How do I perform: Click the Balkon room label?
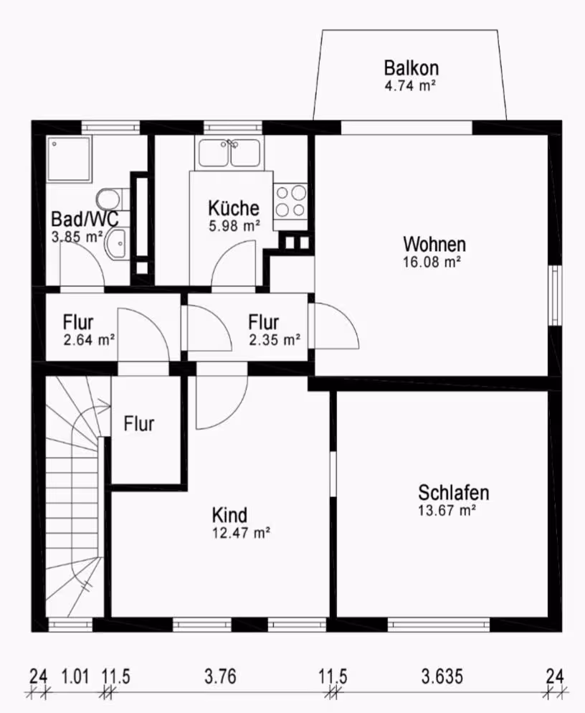pyautogui.click(x=412, y=67)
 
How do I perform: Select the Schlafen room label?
pyautogui.click(x=454, y=493)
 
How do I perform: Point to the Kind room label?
pyautogui.click(x=229, y=515)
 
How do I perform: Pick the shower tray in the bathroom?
pyautogui.click(x=69, y=159)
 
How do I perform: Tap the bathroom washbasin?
pyautogui.click(x=116, y=244)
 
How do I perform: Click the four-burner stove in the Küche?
pyautogui.click(x=290, y=201)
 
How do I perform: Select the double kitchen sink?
pyautogui.click(x=229, y=153)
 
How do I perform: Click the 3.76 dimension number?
pyautogui.click(x=221, y=676)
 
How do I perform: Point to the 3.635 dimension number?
pyautogui.click(x=442, y=676)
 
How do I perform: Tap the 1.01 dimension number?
pyautogui.click(x=75, y=676)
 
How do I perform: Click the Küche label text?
pyautogui.click(x=234, y=208)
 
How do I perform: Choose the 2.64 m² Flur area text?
pyautogui.click(x=89, y=340)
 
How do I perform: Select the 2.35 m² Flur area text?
pyautogui.click(x=275, y=340)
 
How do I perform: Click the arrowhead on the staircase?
pyautogui.click(x=106, y=403)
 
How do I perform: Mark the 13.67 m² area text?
pyautogui.click(x=447, y=510)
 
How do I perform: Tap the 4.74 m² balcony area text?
pyautogui.click(x=411, y=85)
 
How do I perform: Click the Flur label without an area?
pyautogui.click(x=138, y=424)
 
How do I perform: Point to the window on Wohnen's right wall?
pyautogui.click(x=555, y=295)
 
